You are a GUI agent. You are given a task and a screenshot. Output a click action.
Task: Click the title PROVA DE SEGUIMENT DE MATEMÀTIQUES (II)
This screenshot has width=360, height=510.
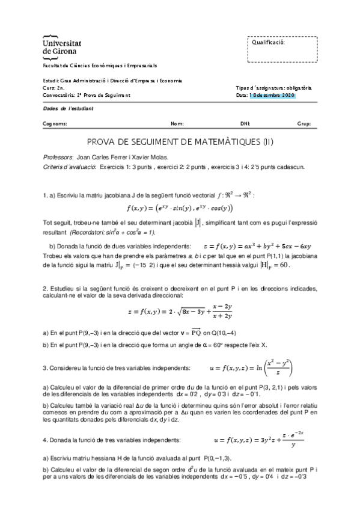(x=180, y=143)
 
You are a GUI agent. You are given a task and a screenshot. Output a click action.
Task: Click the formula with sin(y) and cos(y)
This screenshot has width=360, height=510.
(x=180, y=208)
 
